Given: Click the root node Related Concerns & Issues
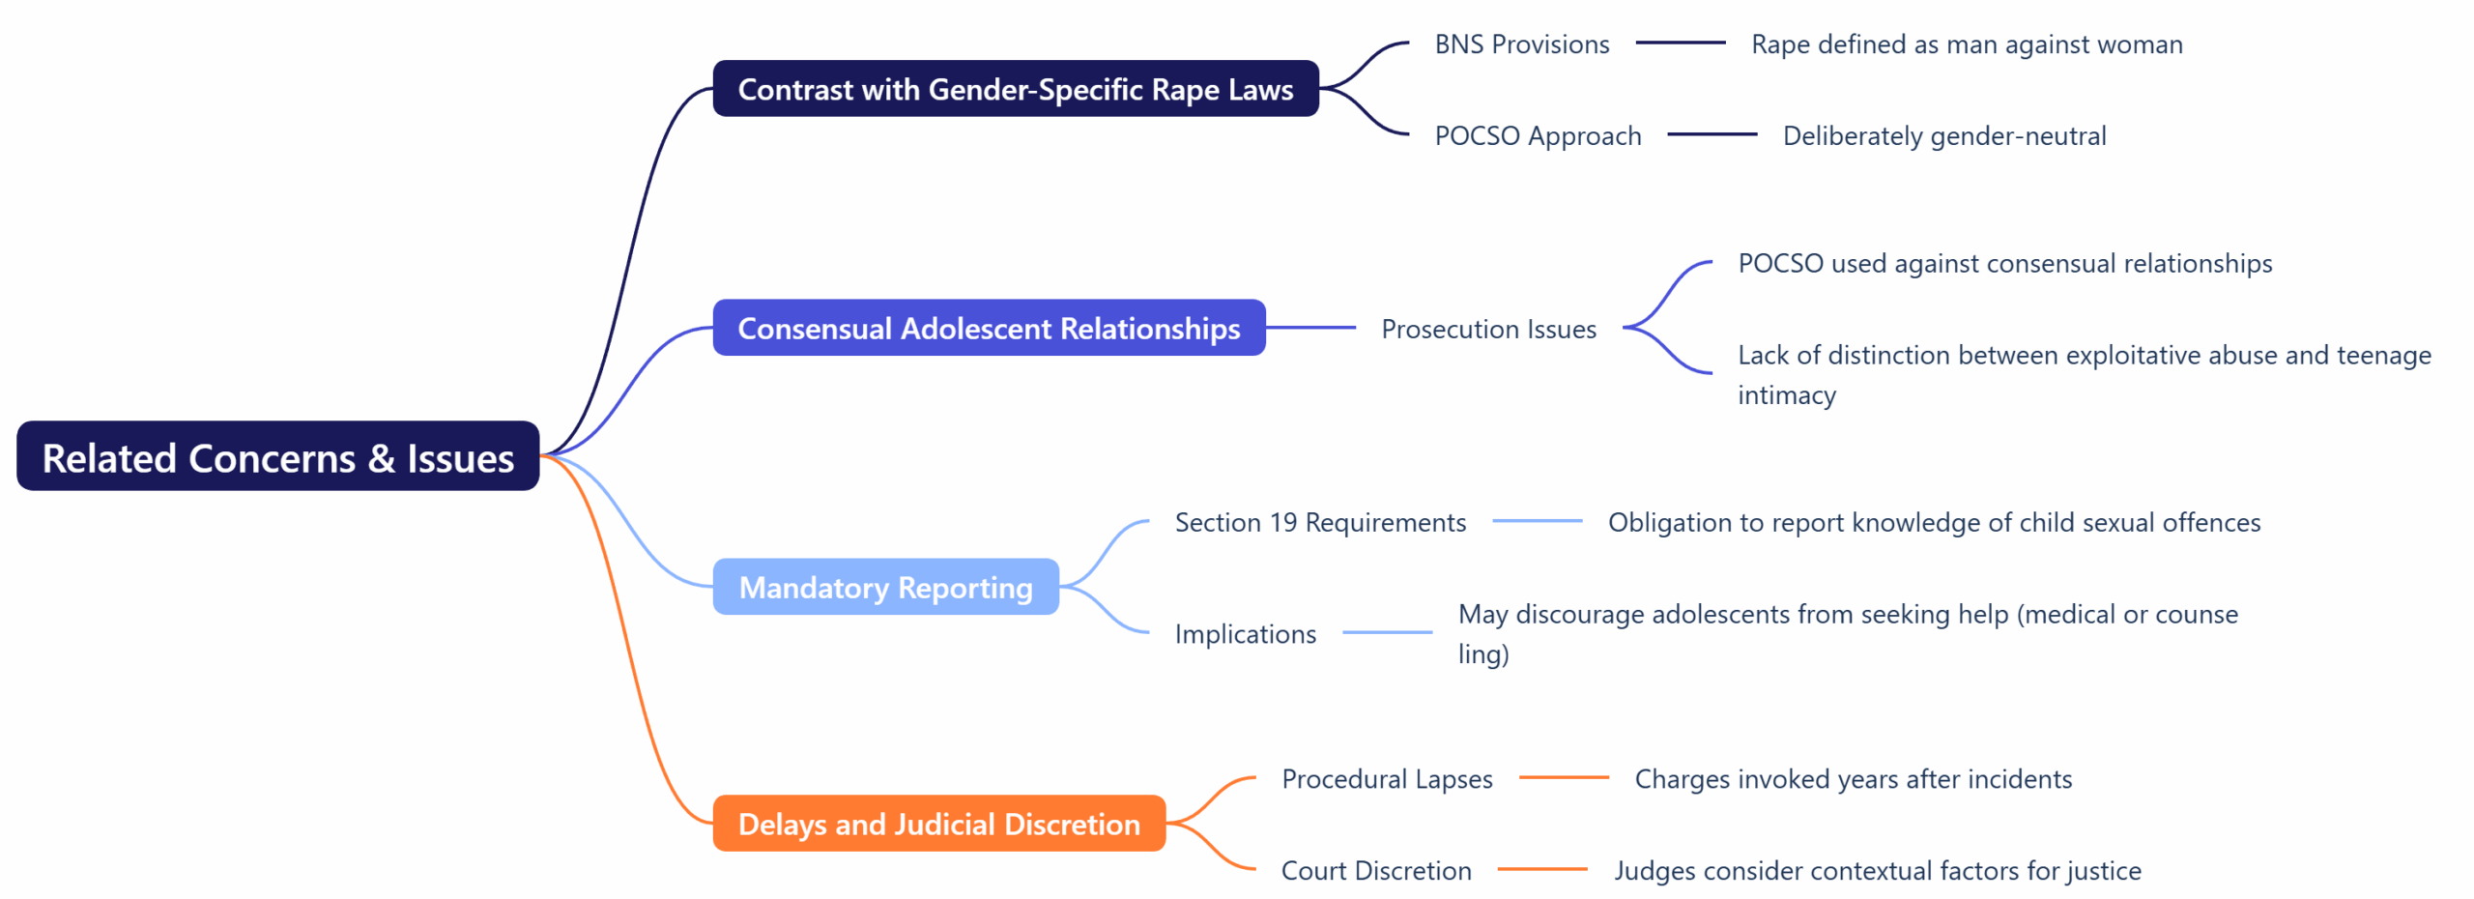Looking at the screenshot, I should [x=277, y=456].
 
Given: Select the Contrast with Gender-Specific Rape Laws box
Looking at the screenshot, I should [x=1015, y=89].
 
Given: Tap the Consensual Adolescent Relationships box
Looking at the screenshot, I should [x=989, y=328].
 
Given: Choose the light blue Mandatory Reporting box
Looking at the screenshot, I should [x=885, y=587].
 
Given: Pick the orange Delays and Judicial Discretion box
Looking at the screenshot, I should [x=938, y=824].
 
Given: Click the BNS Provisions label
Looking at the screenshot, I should [x=1521, y=44].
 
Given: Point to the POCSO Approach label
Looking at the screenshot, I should [x=1538, y=135].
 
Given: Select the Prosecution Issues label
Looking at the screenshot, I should [x=1488, y=329].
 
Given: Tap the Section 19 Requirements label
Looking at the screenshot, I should [x=1320, y=522].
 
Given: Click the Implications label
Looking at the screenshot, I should [x=1245, y=633].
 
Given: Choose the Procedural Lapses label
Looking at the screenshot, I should [x=1387, y=778].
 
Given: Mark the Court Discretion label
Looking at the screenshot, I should [x=1376, y=870].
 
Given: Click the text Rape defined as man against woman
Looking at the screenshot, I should [x=1967, y=44].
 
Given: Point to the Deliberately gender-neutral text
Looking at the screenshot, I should [x=1943, y=135].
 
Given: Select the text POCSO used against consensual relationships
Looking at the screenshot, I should [x=2004, y=263].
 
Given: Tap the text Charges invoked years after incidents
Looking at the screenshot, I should [x=1853, y=778].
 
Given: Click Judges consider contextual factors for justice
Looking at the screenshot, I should [x=1877, y=870].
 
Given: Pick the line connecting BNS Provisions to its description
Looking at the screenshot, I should [x=1680, y=43].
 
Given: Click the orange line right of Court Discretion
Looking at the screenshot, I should [x=1542, y=869].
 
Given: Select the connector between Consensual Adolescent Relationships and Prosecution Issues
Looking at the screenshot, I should [x=1310, y=328].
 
